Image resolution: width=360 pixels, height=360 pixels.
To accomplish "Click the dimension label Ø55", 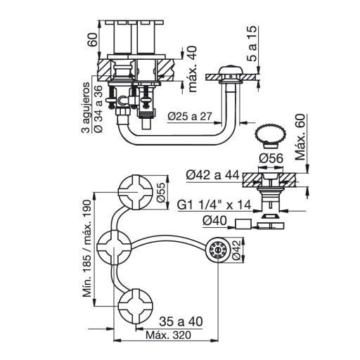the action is click(162, 192).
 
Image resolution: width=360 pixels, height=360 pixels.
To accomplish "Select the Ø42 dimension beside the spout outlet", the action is click(237, 250).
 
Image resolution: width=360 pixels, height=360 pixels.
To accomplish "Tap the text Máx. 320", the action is click(168, 335).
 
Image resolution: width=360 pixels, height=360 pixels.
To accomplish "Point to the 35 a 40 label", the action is click(181, 321).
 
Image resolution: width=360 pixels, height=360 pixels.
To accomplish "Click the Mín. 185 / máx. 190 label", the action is click(87, 249).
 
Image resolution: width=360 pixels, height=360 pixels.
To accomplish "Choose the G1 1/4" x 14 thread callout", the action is click(214, 205).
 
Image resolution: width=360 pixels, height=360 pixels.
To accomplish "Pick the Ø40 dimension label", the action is click(215, 221).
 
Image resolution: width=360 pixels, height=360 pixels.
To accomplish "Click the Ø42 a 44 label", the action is click(213, 175).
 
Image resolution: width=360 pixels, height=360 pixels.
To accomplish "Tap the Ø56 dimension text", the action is click(271, 158).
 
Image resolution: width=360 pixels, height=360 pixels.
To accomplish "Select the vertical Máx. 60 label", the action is click(300, 137).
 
